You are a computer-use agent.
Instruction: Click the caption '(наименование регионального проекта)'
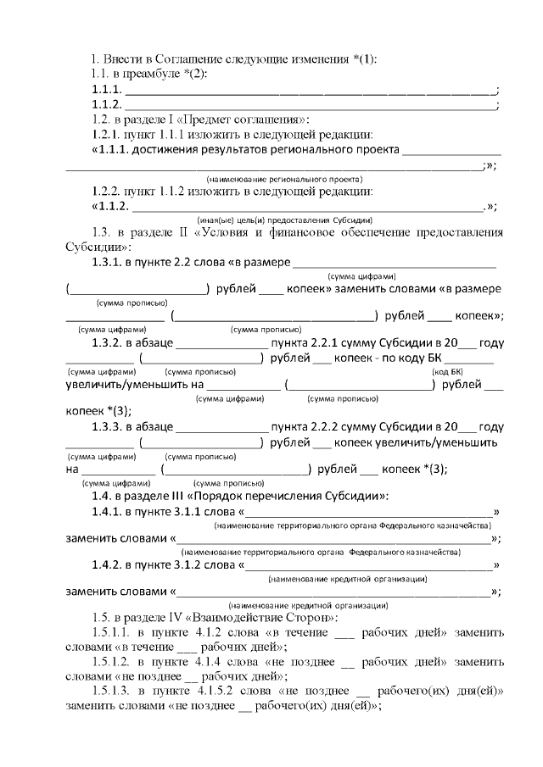coord(284,180)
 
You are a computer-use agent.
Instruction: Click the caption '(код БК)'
coord(447,372)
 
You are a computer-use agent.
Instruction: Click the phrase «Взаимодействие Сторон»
coord(264,618)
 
